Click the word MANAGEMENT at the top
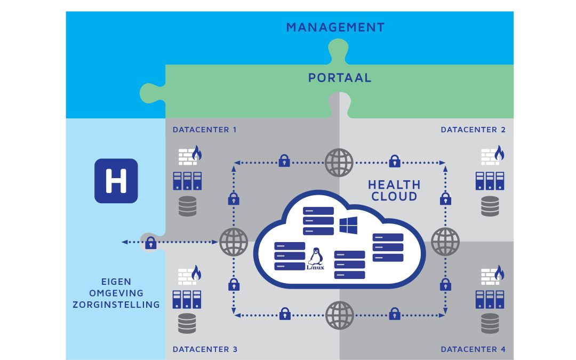point(335,27)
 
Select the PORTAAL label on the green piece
point(340,78)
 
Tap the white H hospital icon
point(116,181)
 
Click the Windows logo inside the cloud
point(348,225)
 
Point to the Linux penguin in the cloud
point(316,258)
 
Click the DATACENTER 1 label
point(204,130)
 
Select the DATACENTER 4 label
point(473,350)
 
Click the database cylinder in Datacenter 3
point(187,323)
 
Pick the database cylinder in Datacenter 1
point(187,206)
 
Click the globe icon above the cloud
point(339,162)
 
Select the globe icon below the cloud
point(339,315)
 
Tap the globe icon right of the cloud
point(445,242)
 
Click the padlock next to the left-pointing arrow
point(150,243)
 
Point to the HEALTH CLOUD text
point(394,191)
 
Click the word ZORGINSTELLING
point(131,305)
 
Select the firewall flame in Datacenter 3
point(197,273)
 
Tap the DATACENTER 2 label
point(473,130)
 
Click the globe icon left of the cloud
point(234,242)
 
